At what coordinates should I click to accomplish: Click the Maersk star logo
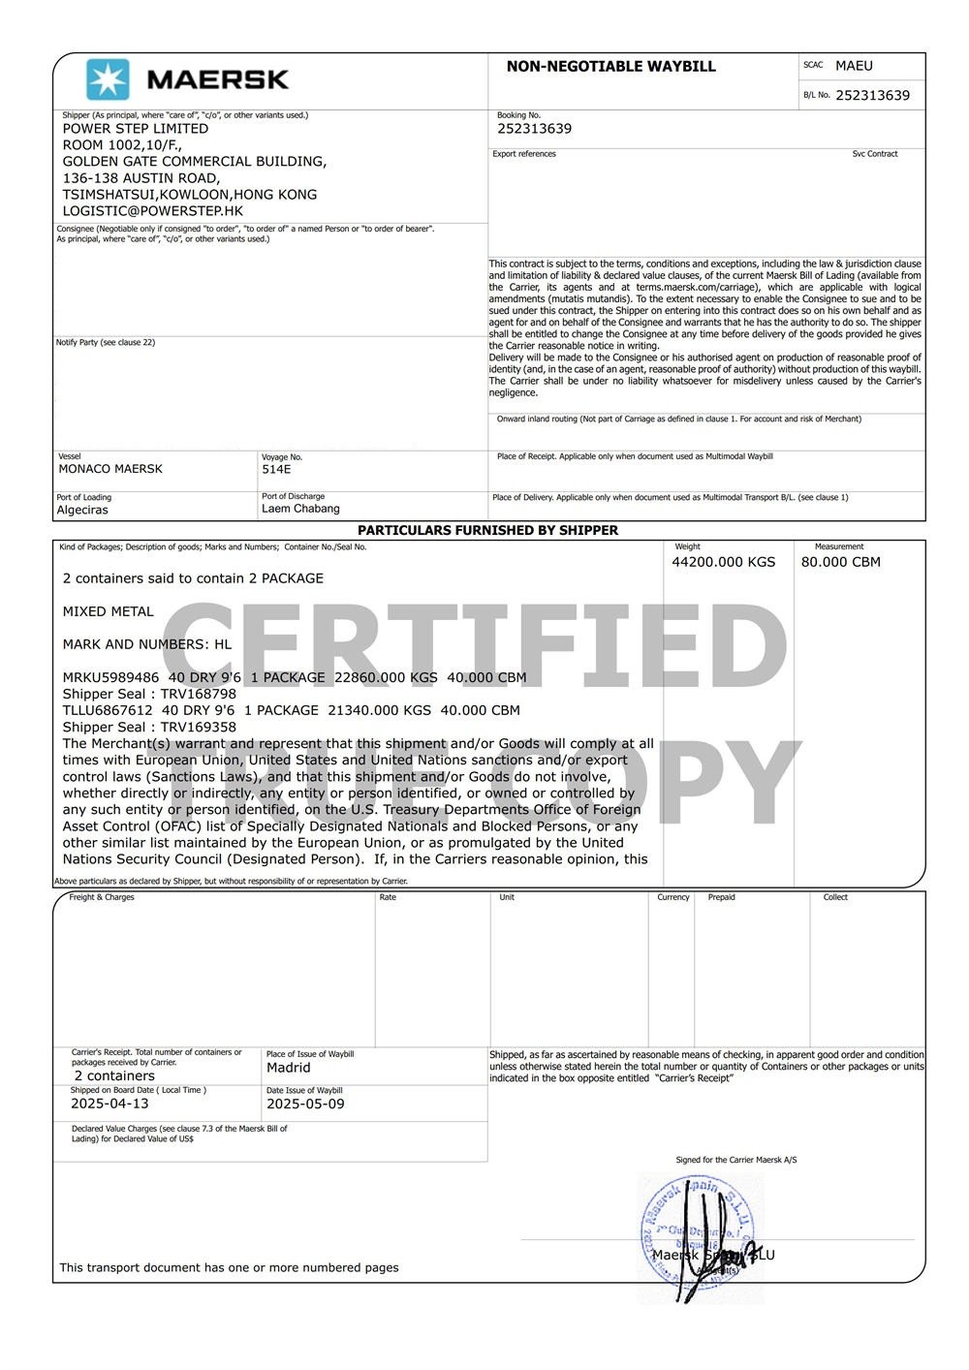108,79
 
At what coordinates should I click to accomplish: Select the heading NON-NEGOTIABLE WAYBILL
610,67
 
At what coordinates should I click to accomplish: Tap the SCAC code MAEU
854,66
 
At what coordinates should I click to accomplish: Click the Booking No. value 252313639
534,129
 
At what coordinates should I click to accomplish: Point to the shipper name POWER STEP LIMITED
135,128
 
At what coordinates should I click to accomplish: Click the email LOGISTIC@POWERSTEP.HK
152,210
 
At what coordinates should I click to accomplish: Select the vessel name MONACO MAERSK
110,469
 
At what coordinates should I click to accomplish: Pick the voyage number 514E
276,469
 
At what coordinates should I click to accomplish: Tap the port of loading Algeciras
82,510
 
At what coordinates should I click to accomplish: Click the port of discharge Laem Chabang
300,509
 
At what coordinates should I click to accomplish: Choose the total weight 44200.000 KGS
723,562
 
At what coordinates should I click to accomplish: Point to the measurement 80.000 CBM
840,562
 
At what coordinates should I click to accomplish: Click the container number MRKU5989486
110,677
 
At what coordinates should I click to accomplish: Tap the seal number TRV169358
198,727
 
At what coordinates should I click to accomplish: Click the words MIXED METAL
108,611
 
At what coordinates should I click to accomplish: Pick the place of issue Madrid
288,1068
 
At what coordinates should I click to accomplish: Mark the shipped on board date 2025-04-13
109,1104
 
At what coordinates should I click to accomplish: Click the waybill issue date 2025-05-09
305,1104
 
